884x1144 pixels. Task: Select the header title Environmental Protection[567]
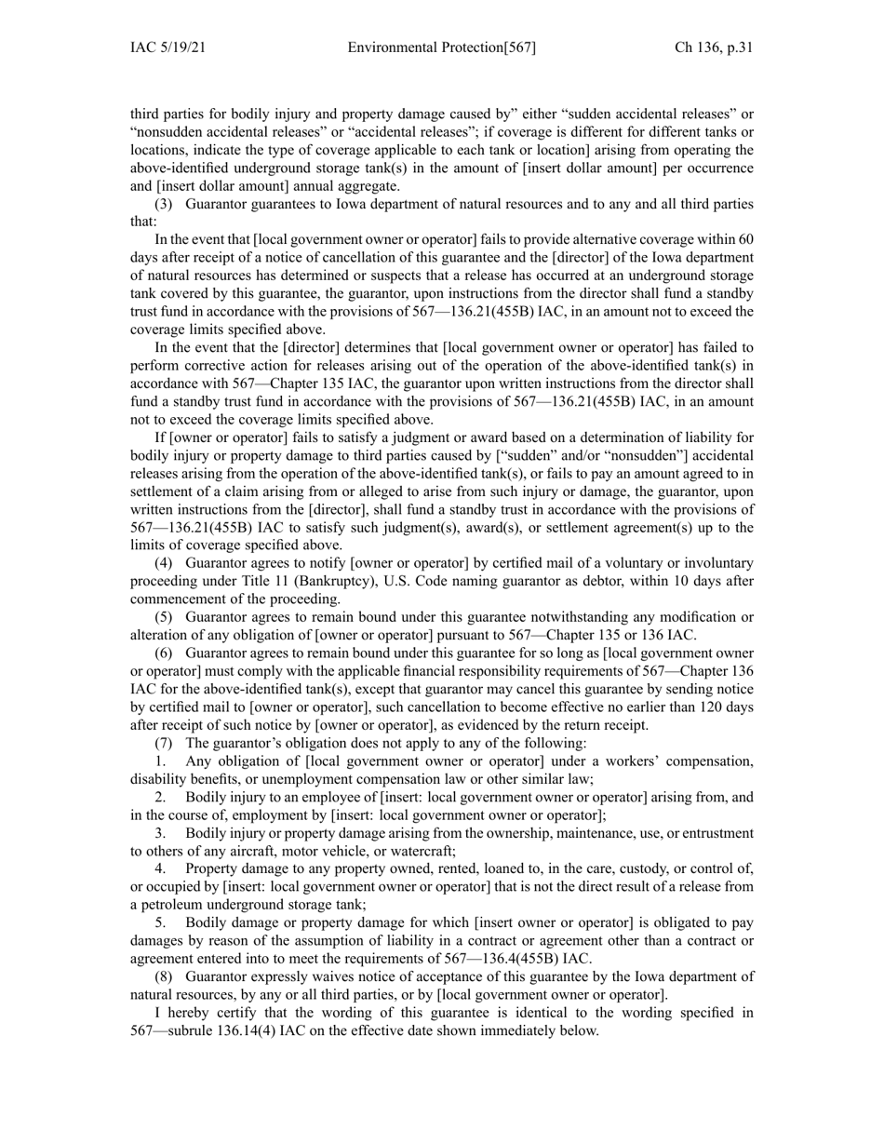[441, 48]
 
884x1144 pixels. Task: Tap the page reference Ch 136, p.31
[714, 48]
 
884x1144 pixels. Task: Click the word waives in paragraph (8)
[320, 976]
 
